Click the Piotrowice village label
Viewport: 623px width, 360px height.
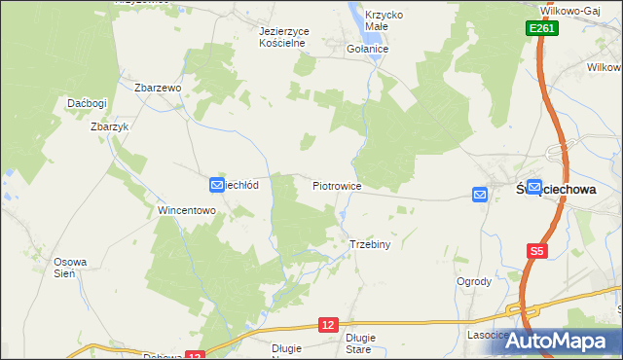pos(338,185)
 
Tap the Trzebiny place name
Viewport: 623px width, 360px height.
pos(369,244)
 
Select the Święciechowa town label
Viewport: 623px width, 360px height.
pos(555,191)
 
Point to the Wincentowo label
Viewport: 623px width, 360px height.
pos(186,209)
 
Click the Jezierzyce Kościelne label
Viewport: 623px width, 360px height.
pos(284,37)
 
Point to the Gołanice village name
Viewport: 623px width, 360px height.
pos(368,49)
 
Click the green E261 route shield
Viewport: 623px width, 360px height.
pos(542,30)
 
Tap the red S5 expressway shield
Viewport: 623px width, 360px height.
pos(536,252)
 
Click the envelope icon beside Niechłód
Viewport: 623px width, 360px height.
pos(216,184)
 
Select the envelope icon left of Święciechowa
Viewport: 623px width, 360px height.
pos(480,195)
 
